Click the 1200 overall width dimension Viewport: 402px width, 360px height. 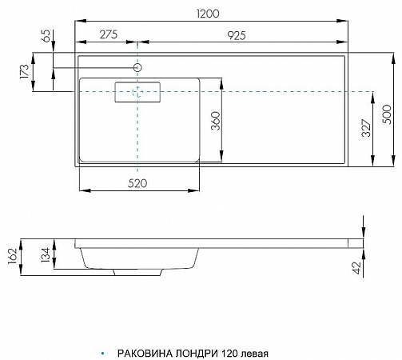point(208,14)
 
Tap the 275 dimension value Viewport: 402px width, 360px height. point(109,34)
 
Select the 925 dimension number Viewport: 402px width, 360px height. point(237,35)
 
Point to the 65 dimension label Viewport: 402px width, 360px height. point(46,36)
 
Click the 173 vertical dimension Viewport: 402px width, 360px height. point(24,71)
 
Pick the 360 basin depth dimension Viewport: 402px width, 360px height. point(216,121)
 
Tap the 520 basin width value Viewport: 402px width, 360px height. point(137,183)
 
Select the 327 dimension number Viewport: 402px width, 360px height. point(366,128)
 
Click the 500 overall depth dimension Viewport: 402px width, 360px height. point(387,114)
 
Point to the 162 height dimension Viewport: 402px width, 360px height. point(13,256)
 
